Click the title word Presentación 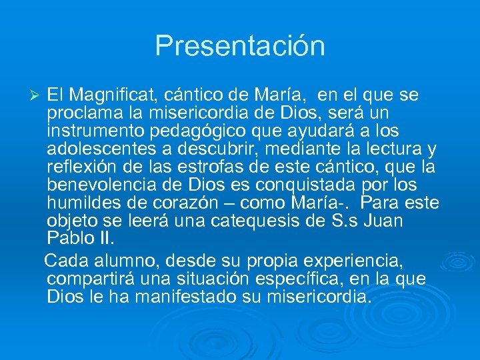(240, 46)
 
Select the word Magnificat (112, 96)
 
